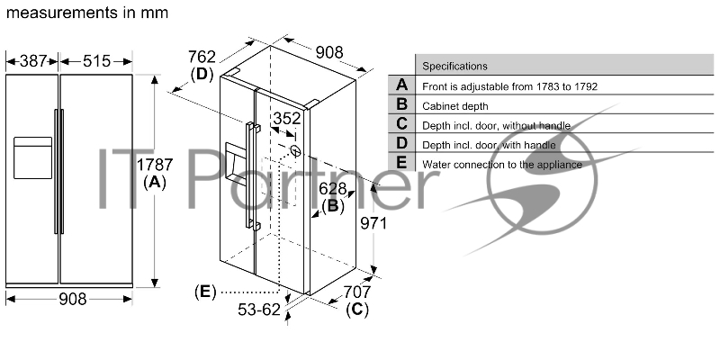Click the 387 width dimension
pyautogui.click(x=33, y=60)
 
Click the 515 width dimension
pyautogui.click(x=97, y=60)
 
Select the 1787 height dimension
pyautogui.click(x=155, y=165)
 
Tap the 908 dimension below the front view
pyautogui.click(x=73, y=299)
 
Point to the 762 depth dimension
pyautogui.click(x=202, y=57)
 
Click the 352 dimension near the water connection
pyautogui.click(x=287, y=119)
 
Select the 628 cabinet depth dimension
pyautogui.click(x=332, y=189)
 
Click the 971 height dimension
pyautogui.click(x=373, y=223)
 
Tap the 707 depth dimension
pyautogui.click(x=356, y=292)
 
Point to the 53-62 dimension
pyautogui.click(x=259, y=310)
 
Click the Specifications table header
pyautogui.click(x=454, y=66)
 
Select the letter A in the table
pyautogui.click(x=401, y=85)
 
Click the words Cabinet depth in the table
pyautogui.click(x=455, y=106)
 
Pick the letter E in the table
pyautogui.click(x=401, y=163)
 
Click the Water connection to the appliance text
pyautogui.click(x=502, y=165)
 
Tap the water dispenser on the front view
pyautogui.click(x=32, y=157)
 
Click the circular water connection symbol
pyautogui.click(x=296, y=150)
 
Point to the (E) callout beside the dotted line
pyautogui.click(x=205, y=292)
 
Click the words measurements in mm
pyautogui.click(x=87, y=13)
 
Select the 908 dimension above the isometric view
pyautogui.click(x=329, y=53)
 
